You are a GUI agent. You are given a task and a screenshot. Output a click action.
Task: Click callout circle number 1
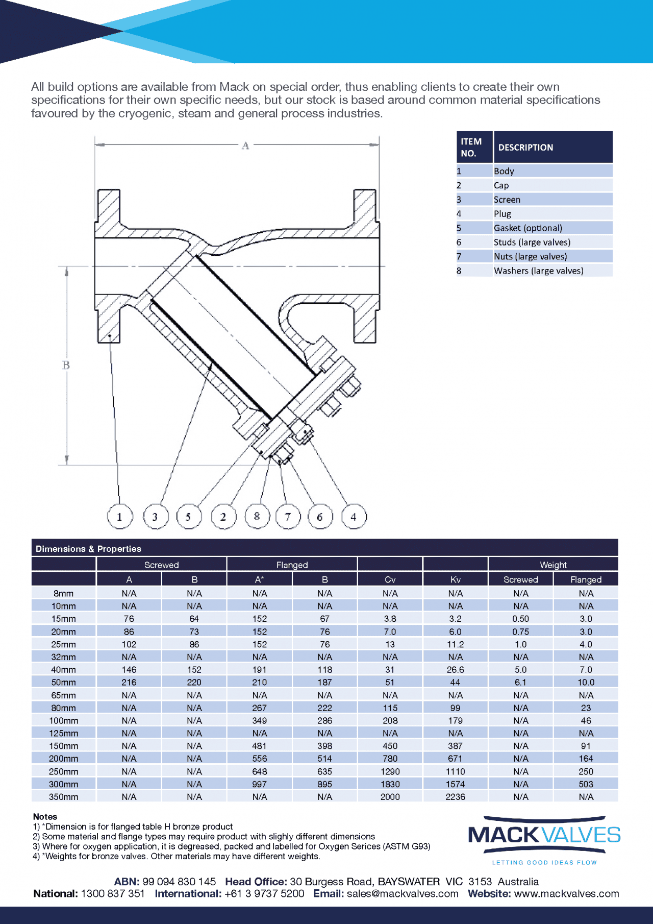pyautogui.click(x=120, y=516)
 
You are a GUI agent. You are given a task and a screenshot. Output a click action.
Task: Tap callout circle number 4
pyautogui.click(x=354, y=516)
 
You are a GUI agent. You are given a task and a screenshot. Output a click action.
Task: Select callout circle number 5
pyautogui.click(x=189, y=516)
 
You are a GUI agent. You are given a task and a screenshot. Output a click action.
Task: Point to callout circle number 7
pyautogui.click(x=288, y=516)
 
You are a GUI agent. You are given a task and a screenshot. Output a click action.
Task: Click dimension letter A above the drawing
pyautogui.click(x=245, y=145)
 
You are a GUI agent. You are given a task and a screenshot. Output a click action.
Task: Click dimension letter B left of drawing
pyautogui.click(x=66, y=365)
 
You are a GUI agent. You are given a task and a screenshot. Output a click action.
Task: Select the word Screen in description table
pyautogui.click(x=507, y=200)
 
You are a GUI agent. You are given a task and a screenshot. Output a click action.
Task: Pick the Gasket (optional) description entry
pyautogui.click(x=528, y=228)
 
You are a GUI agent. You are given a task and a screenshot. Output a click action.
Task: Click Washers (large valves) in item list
pyautogui.click(x=538, y=271)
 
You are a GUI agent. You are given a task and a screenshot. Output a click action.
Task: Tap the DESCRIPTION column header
pyautogui.click(x=525, y=148)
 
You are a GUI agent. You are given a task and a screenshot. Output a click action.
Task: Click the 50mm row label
pyautogui.click(x=63, y=682)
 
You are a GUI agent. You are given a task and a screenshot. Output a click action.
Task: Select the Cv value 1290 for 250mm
pyautogui.click(x=390, y=771)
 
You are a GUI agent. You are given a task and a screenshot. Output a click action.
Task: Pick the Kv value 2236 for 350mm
pyautogui.click(x=455, y=797)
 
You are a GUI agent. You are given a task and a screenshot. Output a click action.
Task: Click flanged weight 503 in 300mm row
pyautogui.click(x=586, y=784)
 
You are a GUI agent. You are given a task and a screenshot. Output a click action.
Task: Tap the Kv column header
pyautogui.click(x=455, y=579)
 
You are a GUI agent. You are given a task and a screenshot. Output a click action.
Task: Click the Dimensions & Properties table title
pyautogui.click(x=88, y=549)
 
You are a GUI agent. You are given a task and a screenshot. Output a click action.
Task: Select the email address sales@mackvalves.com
pyautogui.click(x=403, y=893)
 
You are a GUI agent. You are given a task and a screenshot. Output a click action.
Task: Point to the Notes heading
pyautogui.click(x=45, y=816)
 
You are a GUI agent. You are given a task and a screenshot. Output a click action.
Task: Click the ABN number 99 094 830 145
pyautogui.click(x=179, y=882)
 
